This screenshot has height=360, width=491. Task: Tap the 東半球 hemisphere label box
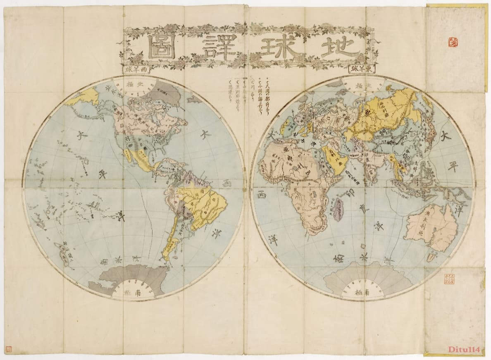[x=362, y=69]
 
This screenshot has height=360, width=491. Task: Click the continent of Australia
[x=431, y=226]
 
